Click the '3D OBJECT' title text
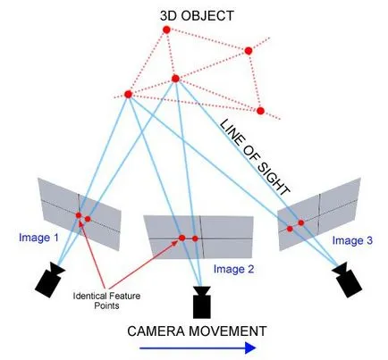197,16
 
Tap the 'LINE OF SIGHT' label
255,157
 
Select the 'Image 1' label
38,238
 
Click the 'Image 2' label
233,269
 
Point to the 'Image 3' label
352,240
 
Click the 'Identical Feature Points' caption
106,301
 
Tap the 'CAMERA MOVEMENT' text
197,331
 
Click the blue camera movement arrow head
250,347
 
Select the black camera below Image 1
49,280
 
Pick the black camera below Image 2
202,302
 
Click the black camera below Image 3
347,280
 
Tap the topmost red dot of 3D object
166,29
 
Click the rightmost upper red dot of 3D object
249,51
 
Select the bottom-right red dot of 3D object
260,111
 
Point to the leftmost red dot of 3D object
128,95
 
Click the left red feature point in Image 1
79,215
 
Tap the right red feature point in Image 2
195,239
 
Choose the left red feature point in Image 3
290,229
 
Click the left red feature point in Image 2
182,238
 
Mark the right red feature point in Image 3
301,222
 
